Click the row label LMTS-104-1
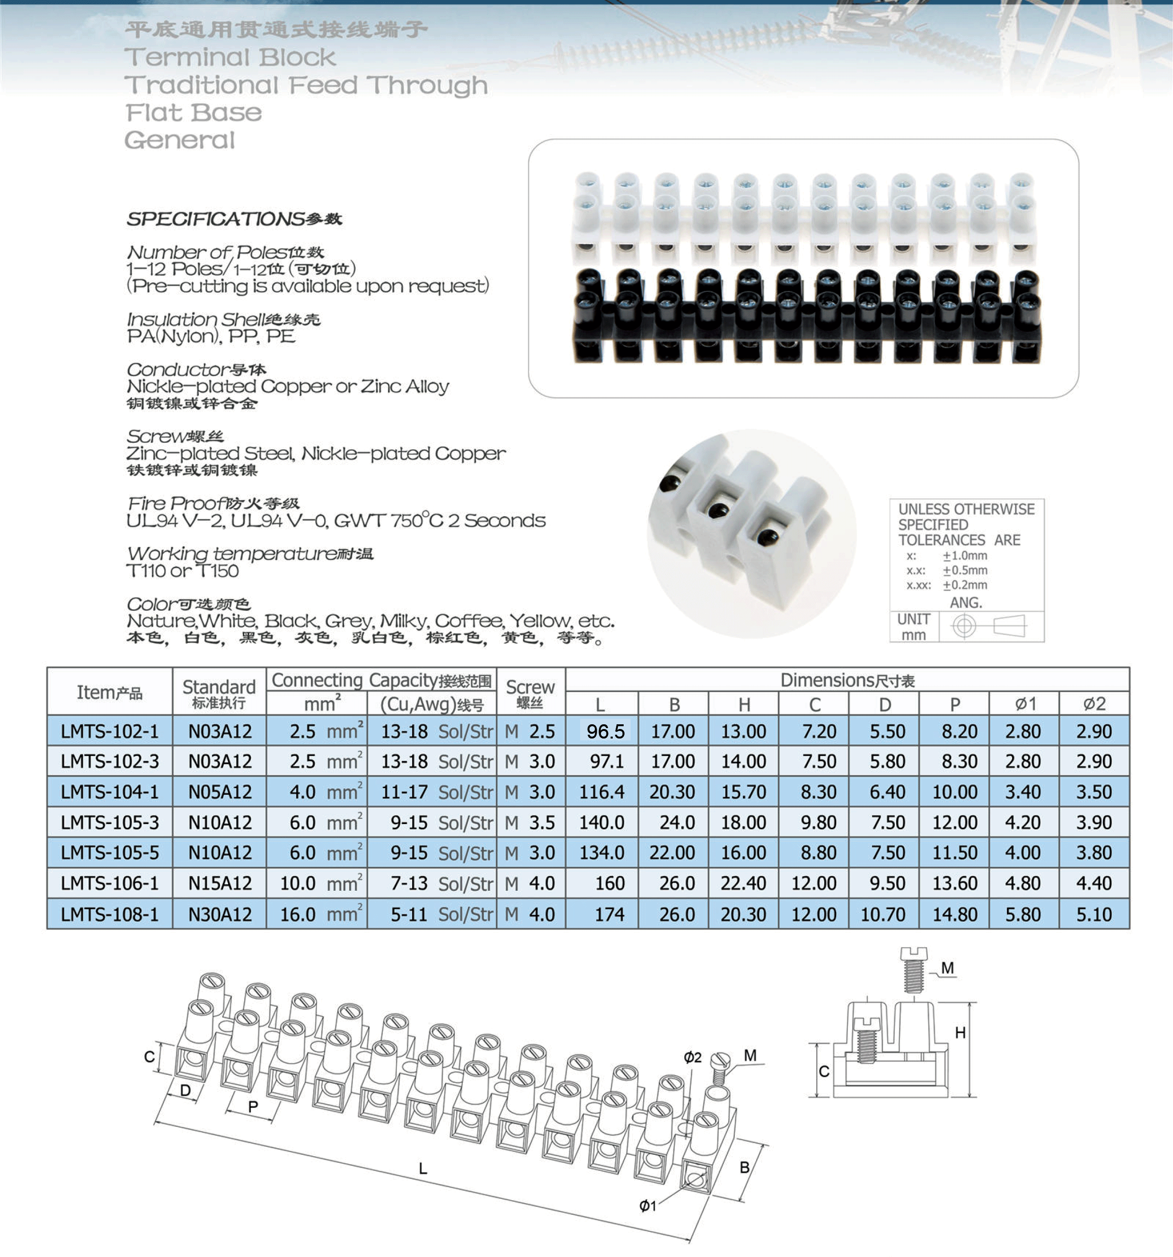click(x=109, y=791)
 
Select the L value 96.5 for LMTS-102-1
click(x=605, y=731)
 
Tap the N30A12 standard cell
click(x=220, y=914)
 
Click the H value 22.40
click(x=743, y=883)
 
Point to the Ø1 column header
click(x=1024, y=704)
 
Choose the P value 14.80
click(x=954, y=914)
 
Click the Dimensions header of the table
click(x=847, y=680)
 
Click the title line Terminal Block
click(x=230, y=58)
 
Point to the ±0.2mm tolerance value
click(x=964, y=585)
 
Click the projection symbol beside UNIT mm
click(x=991, y=626)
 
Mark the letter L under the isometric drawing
click(x=423, y=1169)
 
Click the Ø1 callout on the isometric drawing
click(x=647, y=1206)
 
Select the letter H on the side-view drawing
click(x=960, y=1033)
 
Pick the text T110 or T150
click(x=183, y=571)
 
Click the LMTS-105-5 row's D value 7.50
click(x=887, y=853)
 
